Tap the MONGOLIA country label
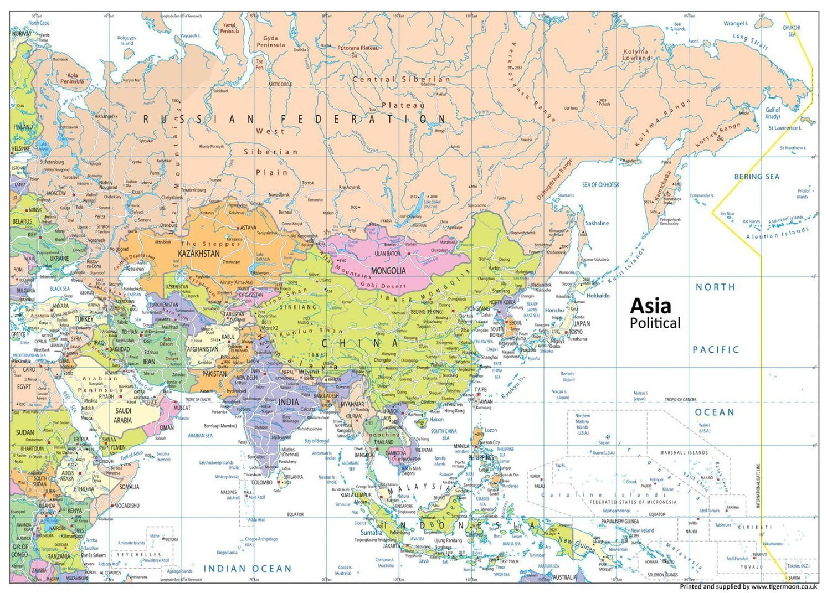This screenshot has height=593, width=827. coord(388,271)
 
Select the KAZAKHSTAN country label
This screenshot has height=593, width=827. coord(198,253)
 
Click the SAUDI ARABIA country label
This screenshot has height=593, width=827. coord(123,415)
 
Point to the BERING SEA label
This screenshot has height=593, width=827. coord(757,177)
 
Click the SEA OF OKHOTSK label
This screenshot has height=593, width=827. coord(600,185)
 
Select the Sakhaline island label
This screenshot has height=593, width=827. coord(597,223)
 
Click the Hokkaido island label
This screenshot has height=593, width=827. coord(598,296)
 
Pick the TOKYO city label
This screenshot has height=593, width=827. coord(576,332)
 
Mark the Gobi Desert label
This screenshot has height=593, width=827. coord(383,285)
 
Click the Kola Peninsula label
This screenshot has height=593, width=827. coord(72,78)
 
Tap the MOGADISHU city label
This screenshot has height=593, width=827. coord(126,506)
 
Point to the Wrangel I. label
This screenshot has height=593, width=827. coord(735,24)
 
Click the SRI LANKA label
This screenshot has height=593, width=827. coord(293,477)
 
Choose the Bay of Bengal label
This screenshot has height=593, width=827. coord(316,441)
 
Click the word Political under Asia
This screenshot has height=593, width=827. coord(655,323)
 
